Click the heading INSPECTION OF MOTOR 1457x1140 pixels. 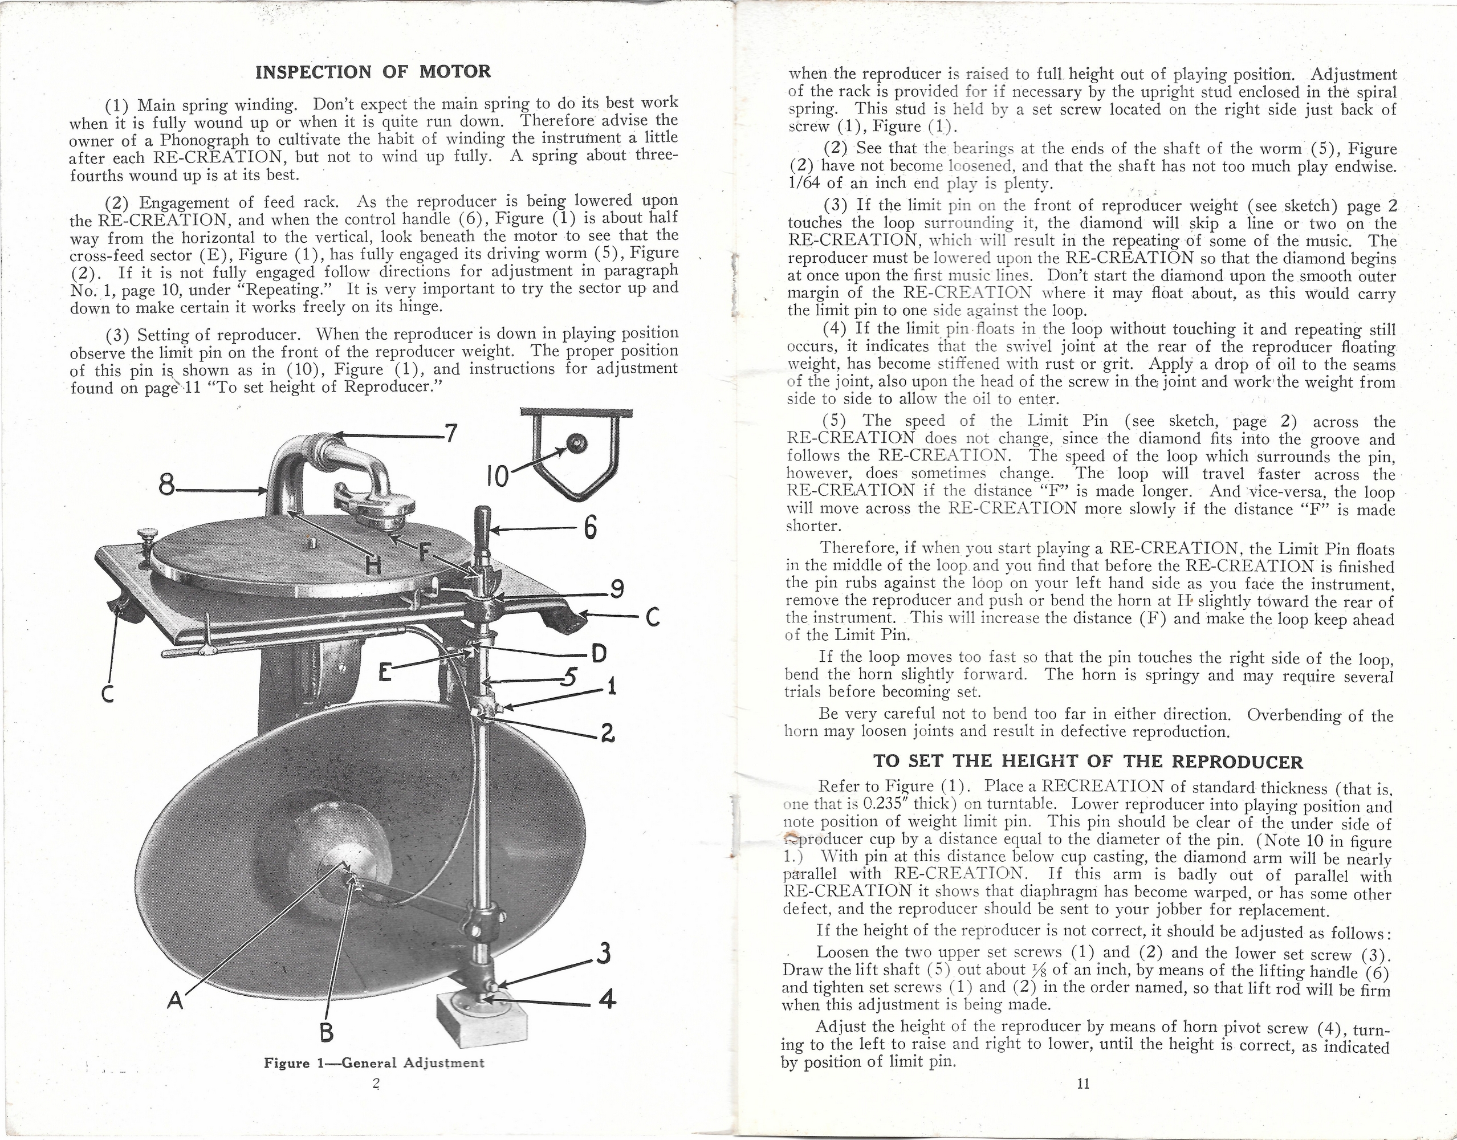tap(373, 71)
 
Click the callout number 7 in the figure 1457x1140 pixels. tap(452, 434)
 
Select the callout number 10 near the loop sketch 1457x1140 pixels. tap(498, 476)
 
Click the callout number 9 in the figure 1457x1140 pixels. tap(617, 589)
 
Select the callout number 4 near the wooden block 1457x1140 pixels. tap(606, 999)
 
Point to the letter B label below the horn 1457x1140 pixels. tap(327, 1032)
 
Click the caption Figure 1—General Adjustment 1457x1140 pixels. tap(374, 1062)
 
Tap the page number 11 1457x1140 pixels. tap(1083, 1083)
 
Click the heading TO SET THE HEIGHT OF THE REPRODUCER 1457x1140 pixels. tap(1088, 762)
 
